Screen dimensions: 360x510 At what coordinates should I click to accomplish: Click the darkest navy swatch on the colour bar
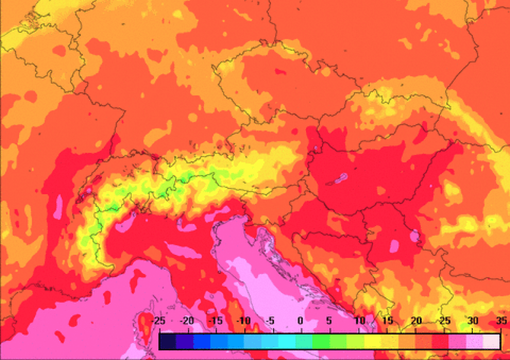click(167, 341)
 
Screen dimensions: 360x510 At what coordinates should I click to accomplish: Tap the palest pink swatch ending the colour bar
click(492, 341)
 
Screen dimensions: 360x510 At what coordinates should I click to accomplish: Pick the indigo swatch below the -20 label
click(185, 341)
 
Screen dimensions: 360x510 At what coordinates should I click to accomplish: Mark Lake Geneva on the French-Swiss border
click(88, 192)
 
